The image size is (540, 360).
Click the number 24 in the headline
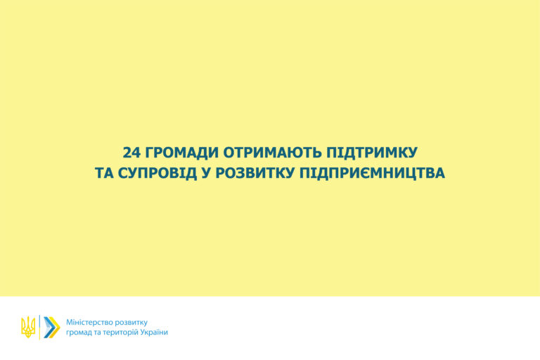(132, 153)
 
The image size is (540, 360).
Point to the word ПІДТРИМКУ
(372, 153)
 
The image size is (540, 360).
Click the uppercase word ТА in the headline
(104, 173)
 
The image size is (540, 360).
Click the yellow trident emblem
(28, 327)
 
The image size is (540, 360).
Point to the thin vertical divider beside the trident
(39, 327)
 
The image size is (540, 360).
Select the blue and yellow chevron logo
(52, 327)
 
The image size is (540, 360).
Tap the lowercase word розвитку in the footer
(131, 323)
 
